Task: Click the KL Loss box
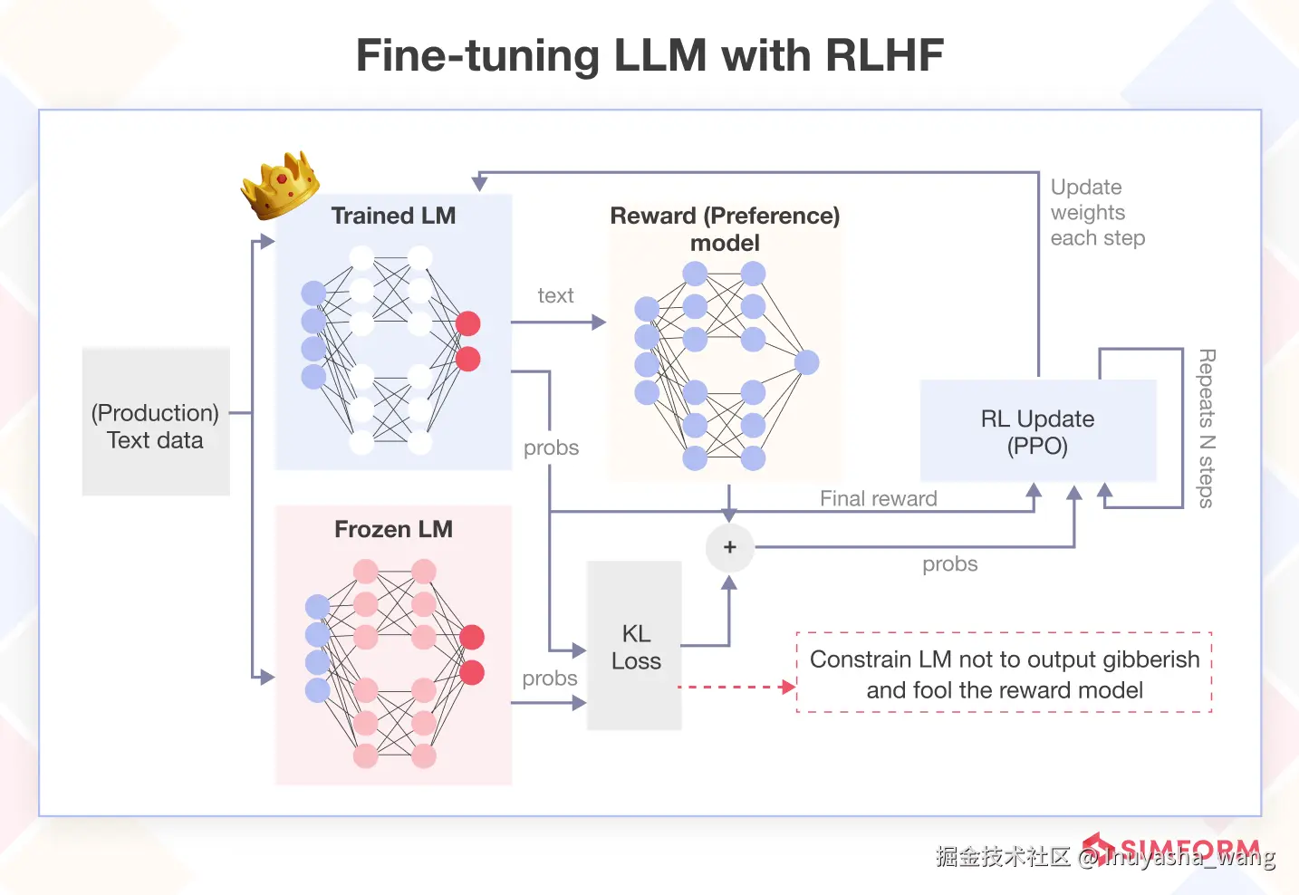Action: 635,646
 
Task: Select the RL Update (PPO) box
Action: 1038,431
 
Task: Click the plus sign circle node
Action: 730,547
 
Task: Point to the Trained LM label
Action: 393,216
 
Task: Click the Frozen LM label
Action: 393,529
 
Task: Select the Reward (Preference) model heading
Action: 725,228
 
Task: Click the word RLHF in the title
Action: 884,55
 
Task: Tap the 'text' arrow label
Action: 555,295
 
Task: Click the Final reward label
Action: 878,498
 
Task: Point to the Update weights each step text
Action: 1097,213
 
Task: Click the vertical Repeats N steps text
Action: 1207,428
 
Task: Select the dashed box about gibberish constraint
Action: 1004,673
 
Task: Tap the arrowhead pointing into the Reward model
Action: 600,322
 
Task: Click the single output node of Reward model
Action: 806,362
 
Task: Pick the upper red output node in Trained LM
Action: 468,323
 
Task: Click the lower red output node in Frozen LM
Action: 472,672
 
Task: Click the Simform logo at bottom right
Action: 1178,850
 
